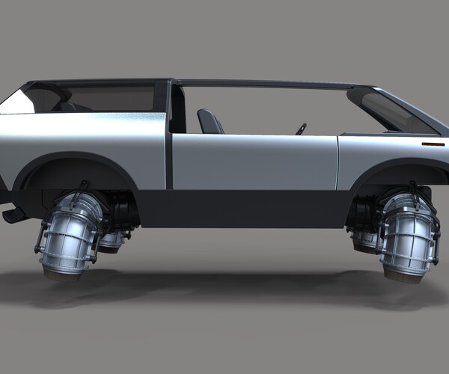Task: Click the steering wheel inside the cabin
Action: click(302, 128)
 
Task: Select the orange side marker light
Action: click(433, 143)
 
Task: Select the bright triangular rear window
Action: click(16, 101)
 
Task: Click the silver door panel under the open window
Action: click(254, 160)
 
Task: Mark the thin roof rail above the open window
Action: click(269, 83)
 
